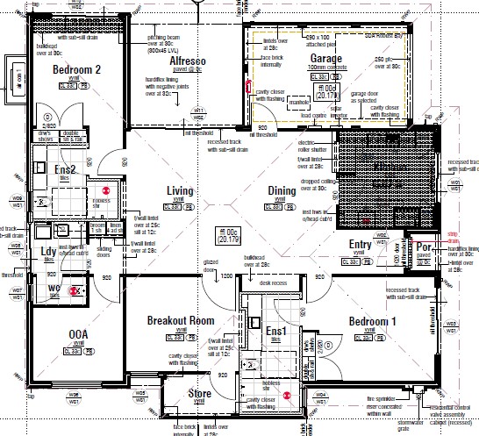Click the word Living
tap(180, 190)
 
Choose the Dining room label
tap(282, 190)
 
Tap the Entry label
tap(361, 245)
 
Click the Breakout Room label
tap(181, 320)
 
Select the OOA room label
tap(78, 334)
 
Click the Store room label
tap(200, 394)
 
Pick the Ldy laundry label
tap(48, 252)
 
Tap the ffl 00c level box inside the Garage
tap(328, 92)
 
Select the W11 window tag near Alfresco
tap(199, 111)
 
